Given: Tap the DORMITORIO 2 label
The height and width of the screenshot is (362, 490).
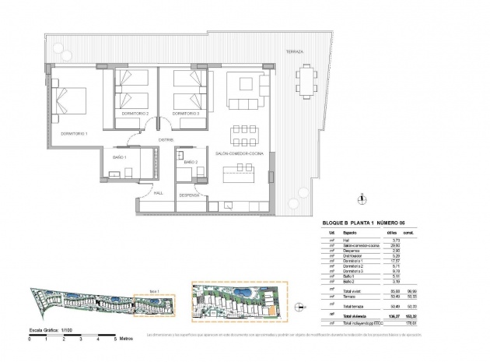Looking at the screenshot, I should click(x=135, y=114).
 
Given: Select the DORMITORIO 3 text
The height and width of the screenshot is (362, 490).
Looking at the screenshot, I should click(x=186, y=114).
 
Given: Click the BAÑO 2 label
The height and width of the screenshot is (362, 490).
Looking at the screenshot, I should click(x=191, y=162).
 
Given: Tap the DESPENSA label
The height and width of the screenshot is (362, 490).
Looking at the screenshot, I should click(x=189, y=195).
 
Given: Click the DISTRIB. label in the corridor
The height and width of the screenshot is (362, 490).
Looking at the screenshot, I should click(x=165, y=140).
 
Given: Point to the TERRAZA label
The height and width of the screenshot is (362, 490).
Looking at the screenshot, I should click(x=296, y=51).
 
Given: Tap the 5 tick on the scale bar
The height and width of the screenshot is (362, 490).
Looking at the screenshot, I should click(x=115, y=340).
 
